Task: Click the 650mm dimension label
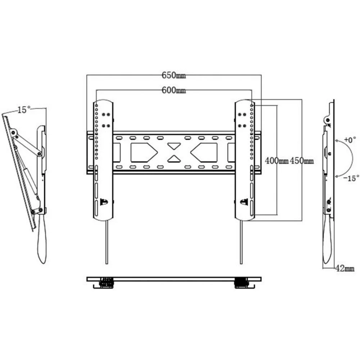pos(174,75)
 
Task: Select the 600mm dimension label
pos(174,90)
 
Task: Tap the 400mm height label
pos(276,161)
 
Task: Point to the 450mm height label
pos(301,161)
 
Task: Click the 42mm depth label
pos(345,268)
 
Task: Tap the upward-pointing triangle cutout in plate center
pos(174,159)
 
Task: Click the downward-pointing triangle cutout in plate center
pos(174,146)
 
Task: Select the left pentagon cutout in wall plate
pos(143,152)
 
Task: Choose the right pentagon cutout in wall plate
pos(204,152)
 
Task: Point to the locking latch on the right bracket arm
pos(244,202)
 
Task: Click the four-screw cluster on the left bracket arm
pos(106,120)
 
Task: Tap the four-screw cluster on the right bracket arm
pos(242,120)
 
